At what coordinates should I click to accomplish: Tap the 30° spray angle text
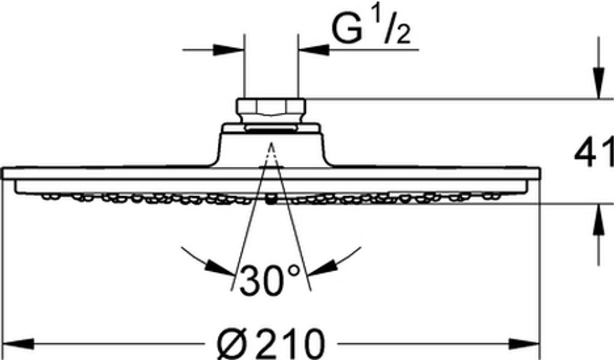[x=269, y=280]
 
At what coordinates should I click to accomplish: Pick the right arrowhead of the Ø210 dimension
[x=525, y=344]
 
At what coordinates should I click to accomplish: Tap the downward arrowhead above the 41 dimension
[x=598, y=83]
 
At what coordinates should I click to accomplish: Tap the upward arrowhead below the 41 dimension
[x=598, y=220]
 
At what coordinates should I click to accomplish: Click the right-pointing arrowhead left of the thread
[x=228, y=50]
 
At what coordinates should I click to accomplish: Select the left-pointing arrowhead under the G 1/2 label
[x=314, y=50]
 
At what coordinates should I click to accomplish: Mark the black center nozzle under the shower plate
[x=270, y=199]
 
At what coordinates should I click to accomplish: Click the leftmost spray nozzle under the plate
[x=46, y=196]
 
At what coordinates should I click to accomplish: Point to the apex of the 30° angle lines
[x=271, y=143]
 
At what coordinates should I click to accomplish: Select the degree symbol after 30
[x=293, y=270]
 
